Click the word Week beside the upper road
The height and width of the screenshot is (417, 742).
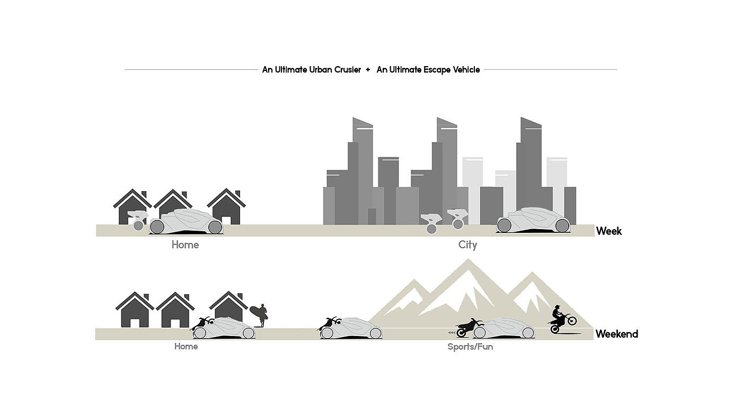(x=608, y=231)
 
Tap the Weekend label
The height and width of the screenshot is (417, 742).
(x=616, y=334)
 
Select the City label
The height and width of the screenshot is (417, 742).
(x=467, y=245)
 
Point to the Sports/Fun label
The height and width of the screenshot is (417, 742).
(x=470, y=347)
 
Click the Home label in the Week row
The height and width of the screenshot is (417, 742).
(x=185, y=245)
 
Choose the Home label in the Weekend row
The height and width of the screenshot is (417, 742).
(x=185, y=347)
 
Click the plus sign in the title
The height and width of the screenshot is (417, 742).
(x=368, y=70)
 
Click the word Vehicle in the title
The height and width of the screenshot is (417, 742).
(x=465, y=70)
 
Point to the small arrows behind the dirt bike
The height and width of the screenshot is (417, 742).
(x=451, y=333)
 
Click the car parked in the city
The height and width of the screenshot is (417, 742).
(x=533, y=221)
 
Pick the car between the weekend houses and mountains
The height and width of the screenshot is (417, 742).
(x=352, y=329)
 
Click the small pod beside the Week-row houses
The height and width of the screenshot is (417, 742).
(x=138, y=220)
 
